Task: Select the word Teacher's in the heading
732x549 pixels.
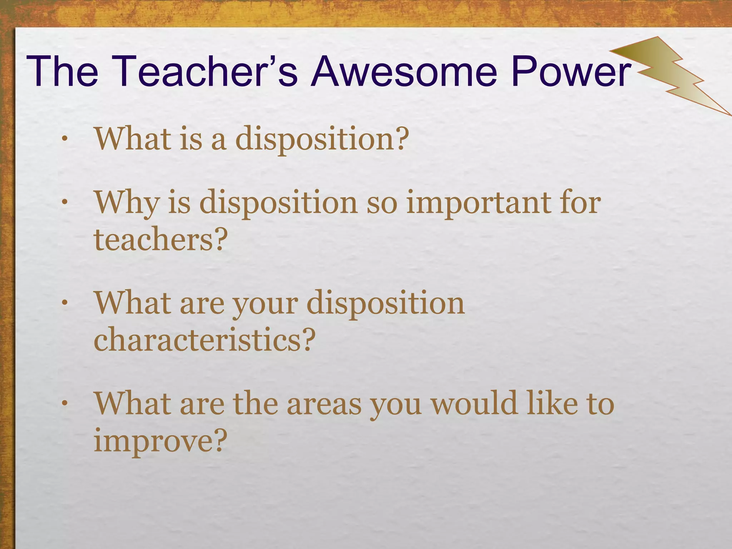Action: coord(207,71)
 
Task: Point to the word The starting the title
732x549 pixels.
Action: coord(62,71)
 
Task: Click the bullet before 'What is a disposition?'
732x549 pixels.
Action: coord(64,139)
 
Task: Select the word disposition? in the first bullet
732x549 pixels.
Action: coord(322,139)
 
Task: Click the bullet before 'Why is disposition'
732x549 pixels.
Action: coord(64,203)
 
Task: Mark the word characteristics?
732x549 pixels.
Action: coord(204,340)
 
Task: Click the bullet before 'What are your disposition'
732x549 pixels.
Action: coord(64,304)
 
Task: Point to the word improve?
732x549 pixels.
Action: coord(160,441)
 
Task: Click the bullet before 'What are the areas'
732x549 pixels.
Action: coord(64,404)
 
